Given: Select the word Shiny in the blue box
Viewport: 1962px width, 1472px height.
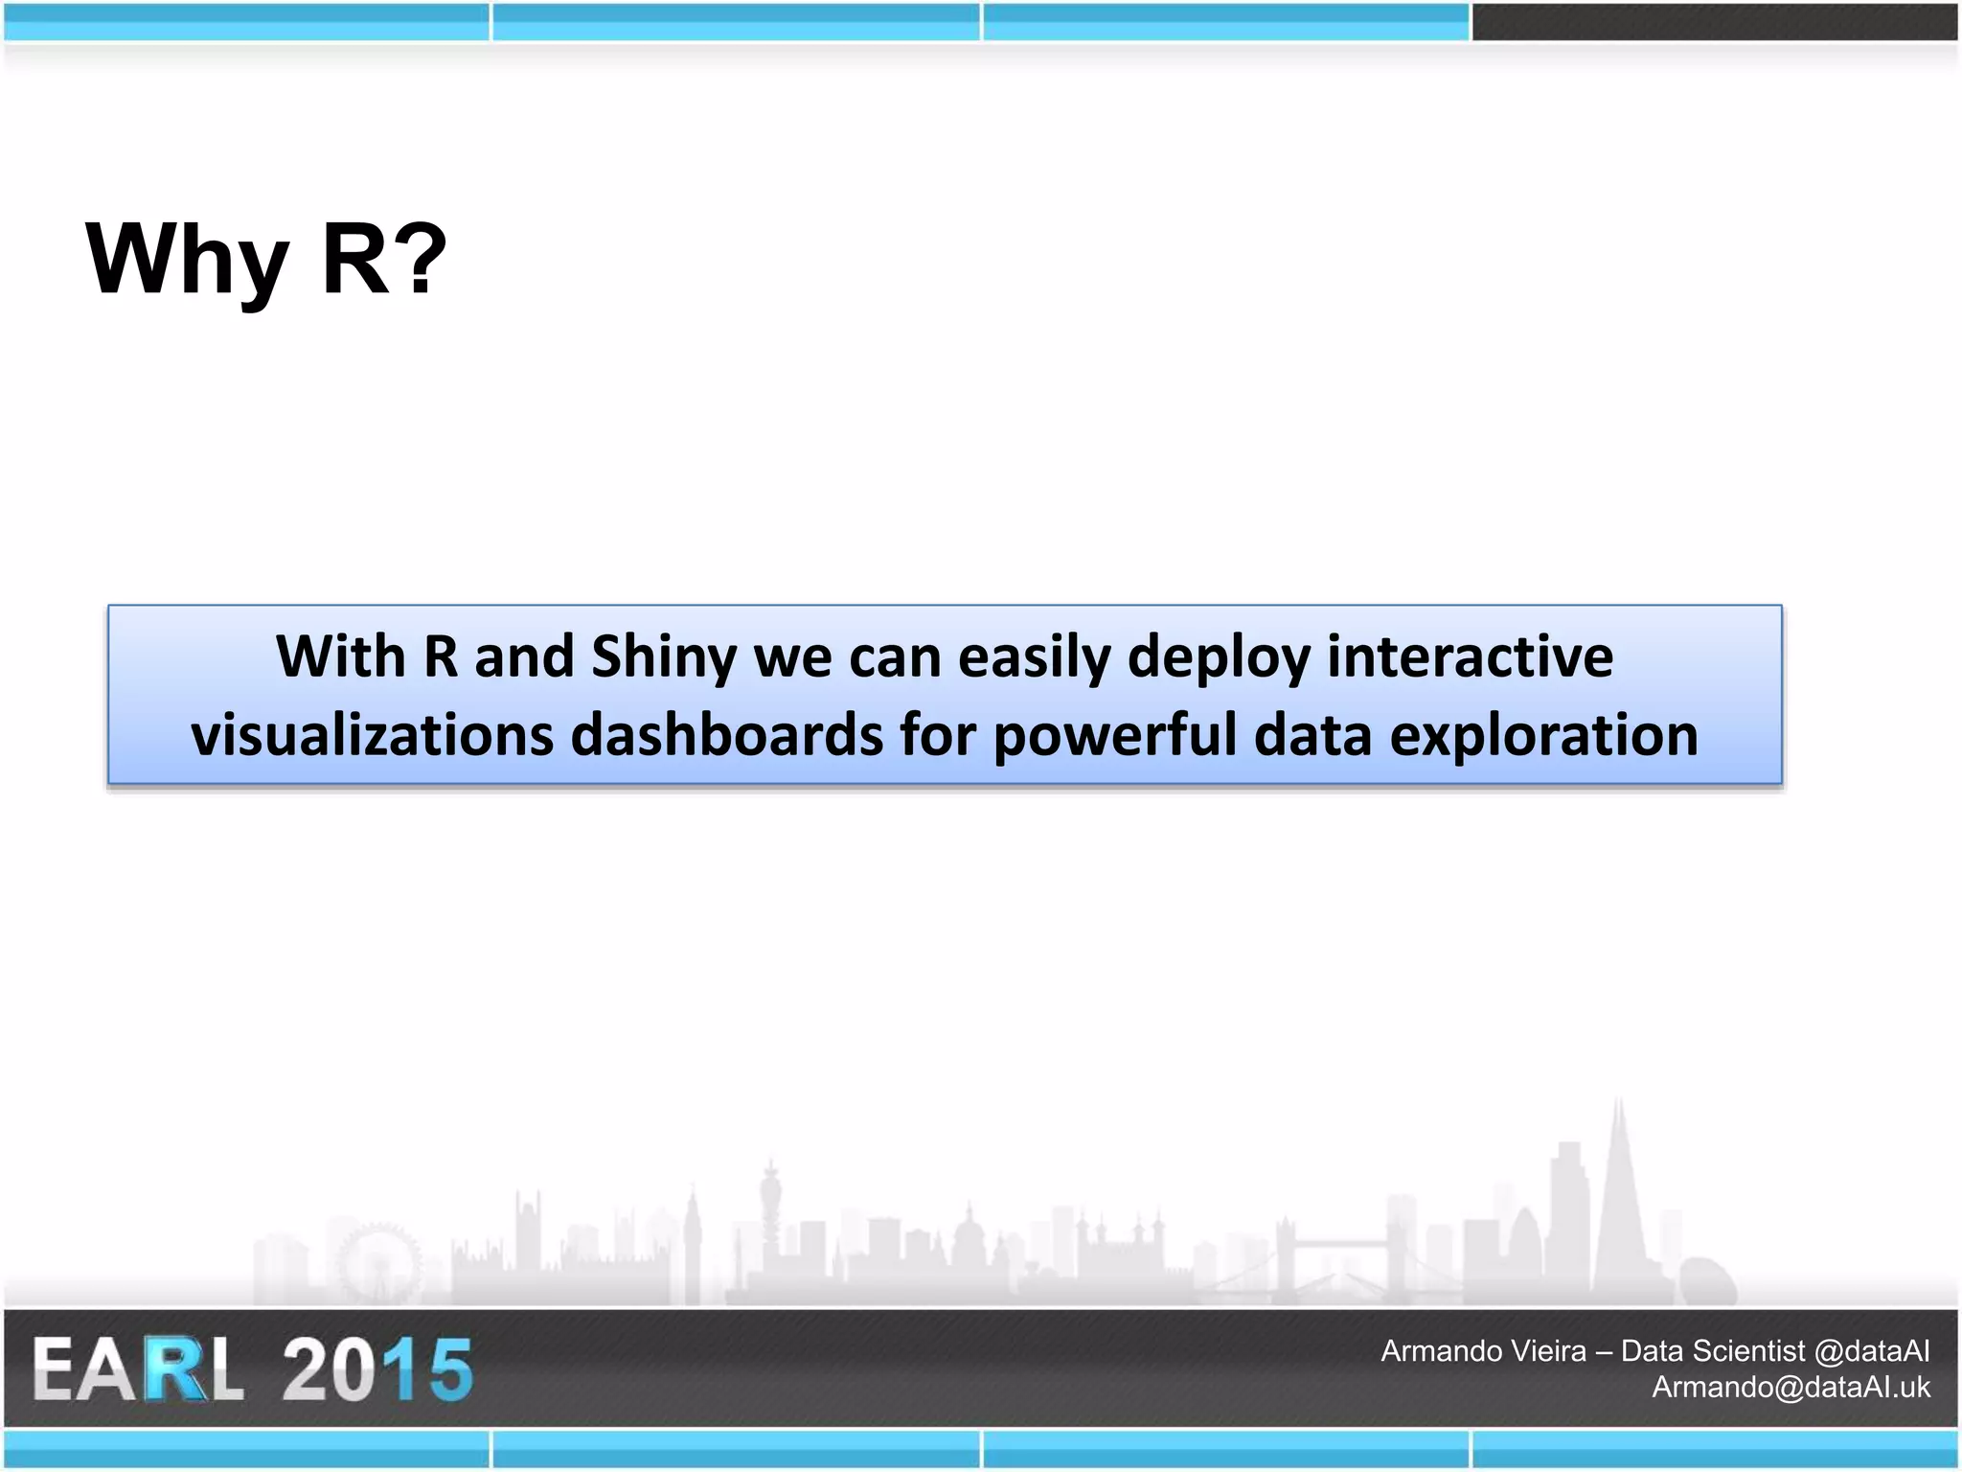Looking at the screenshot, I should (x=664, y=657).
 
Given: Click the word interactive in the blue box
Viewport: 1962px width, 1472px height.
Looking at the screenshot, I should (x=1470, y=657).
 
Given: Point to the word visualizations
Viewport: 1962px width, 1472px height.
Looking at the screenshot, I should (x=373, y=735).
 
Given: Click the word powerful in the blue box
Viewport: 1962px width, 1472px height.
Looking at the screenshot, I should (x=1114, y=735).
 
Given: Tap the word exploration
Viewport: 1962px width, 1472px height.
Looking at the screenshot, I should (x=1543, y=735).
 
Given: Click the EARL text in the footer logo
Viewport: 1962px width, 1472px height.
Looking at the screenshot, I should (x=139, y=1370).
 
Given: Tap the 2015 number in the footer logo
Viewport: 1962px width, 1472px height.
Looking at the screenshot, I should (x=376, y=1370).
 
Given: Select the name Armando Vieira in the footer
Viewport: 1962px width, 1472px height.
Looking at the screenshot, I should (x=1483, y=1351).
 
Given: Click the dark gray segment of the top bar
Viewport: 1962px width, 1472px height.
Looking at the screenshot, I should (x=1714, y=22).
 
